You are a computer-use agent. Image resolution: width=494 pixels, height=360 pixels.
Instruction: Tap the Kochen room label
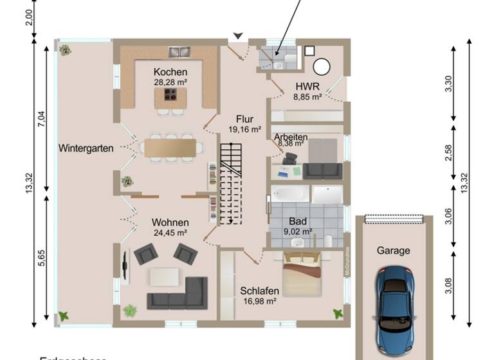coord(170,72)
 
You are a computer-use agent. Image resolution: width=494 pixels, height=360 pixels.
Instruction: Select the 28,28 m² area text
coord(170,82)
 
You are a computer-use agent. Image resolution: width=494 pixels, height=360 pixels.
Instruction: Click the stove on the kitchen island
coord(171,95)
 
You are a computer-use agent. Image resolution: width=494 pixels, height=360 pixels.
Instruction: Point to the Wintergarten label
coord(86,148)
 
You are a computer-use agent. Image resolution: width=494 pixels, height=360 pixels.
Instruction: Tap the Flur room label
coord(244,119)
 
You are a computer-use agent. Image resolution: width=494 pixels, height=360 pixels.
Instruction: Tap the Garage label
coord(393,251)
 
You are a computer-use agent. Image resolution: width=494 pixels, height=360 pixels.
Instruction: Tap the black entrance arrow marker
coord(238,36)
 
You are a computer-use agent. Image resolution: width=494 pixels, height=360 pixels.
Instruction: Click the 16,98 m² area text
coord(260,301)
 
